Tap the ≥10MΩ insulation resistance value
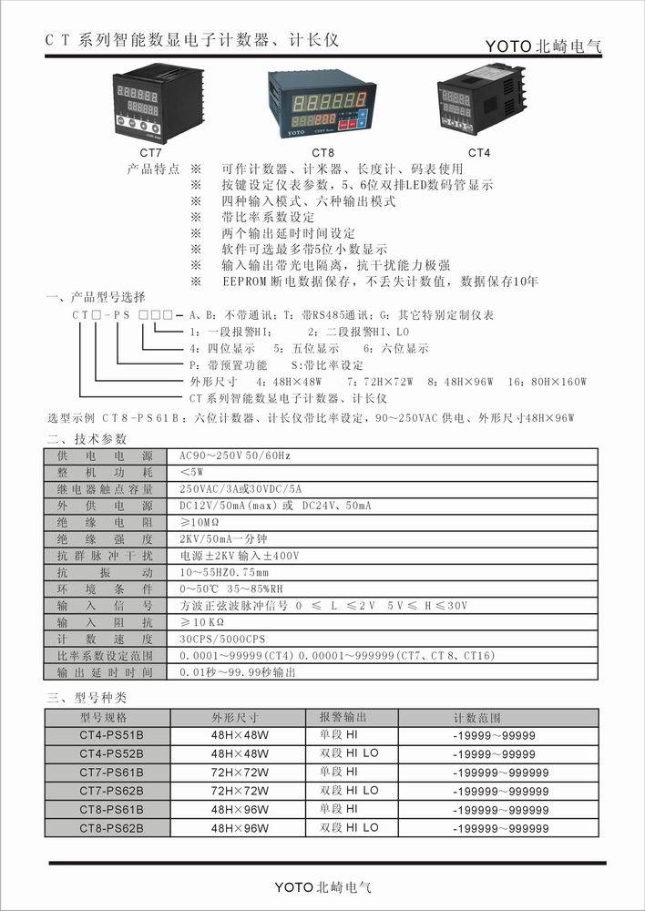pyautogui.click(x=201, y=522)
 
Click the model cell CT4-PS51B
pyautogui.click(x=111, y=736)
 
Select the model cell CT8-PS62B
pyautogui.click(x=111, y=828)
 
